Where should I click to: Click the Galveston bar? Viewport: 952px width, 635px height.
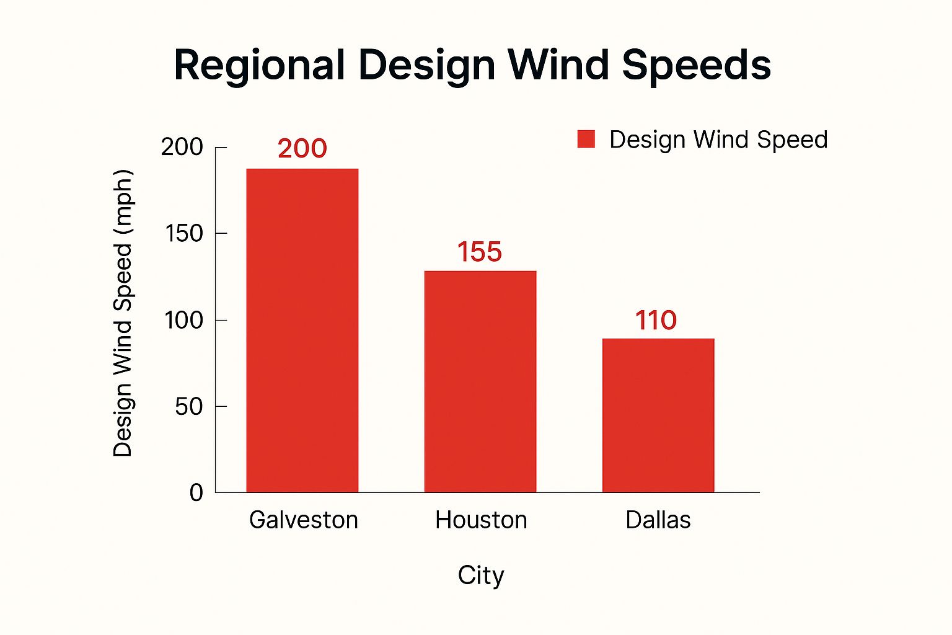click(x=302, y=331)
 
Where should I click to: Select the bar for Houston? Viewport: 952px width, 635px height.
click(x=480, y=381)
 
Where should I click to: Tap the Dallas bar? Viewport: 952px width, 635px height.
click(x=658, y=415)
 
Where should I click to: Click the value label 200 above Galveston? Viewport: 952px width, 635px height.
click(x=302, y=149)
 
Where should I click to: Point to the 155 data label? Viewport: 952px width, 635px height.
click(x=479, y=252)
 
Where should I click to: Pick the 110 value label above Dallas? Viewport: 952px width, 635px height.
click(x=656, y=321)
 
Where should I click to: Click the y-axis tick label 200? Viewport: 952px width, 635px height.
click(x=182, y=147)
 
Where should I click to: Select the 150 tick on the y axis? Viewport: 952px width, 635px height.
click(x=184, y=234)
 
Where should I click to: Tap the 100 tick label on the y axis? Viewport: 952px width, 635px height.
click(x=184, y=321)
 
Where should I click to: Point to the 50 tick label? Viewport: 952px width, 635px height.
click(x=188, y=407)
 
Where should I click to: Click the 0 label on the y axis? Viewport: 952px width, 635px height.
click(x=196, y=493)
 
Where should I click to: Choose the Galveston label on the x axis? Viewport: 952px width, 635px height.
click(x=304, y=520)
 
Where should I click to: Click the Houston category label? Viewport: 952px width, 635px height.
click(x=481, y=520)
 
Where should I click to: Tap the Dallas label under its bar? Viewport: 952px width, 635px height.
click(x=658, y=520)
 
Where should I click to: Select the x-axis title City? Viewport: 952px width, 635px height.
click(x=481, y=575)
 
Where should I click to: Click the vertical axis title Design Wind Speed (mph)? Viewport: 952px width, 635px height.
click(x=123, y=313)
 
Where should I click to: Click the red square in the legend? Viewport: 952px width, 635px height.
click(x=586, y=140)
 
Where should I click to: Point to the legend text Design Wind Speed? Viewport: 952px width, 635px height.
click(x=718, y=140)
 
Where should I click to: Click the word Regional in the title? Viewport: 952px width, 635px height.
click(x=259, y=65)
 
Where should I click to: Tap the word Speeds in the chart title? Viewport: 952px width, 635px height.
click(x=696, y=65)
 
